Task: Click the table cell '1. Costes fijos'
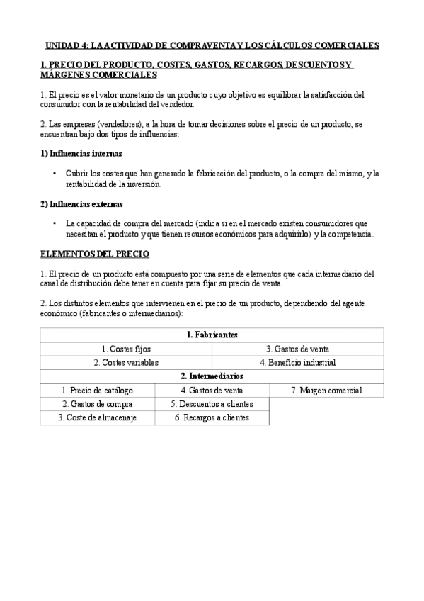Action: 126,349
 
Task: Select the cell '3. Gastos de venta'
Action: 297,349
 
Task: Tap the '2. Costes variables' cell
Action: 126,362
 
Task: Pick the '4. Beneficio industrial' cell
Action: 297,362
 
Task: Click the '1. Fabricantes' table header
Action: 212,335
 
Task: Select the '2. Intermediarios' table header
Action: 212,376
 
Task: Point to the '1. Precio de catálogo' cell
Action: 97,391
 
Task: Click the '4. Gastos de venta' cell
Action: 212,391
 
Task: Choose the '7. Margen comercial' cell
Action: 326,391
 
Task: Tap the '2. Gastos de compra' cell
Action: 97,404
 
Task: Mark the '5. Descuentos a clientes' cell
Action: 212,404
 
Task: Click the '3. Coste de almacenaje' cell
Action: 97,418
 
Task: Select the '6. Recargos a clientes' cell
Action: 212,418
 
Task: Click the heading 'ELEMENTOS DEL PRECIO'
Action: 95,254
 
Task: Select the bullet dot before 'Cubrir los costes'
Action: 55,174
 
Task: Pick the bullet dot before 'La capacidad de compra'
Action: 55,224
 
